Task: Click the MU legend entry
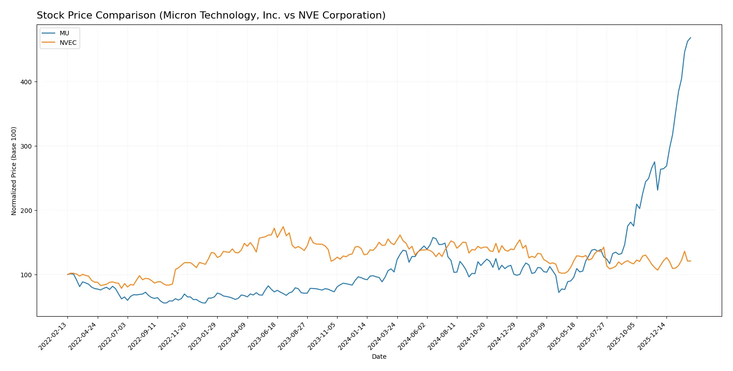(x=64, y=33)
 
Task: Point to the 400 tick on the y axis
(x=26, y=82)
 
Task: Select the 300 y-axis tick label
(x=26, y=146)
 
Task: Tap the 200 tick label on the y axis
(x=26, y=211)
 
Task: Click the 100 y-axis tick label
(x=26, y=275)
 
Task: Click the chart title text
(x=211, y=15)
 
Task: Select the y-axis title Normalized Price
(x=14, y=171)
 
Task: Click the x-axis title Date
(x=379, y=357)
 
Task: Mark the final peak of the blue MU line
(x=690, y=38)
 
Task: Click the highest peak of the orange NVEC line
(x=283, y=227)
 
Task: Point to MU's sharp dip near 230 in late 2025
(x=657, y=190)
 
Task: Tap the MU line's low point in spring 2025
(x=559, y=292)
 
